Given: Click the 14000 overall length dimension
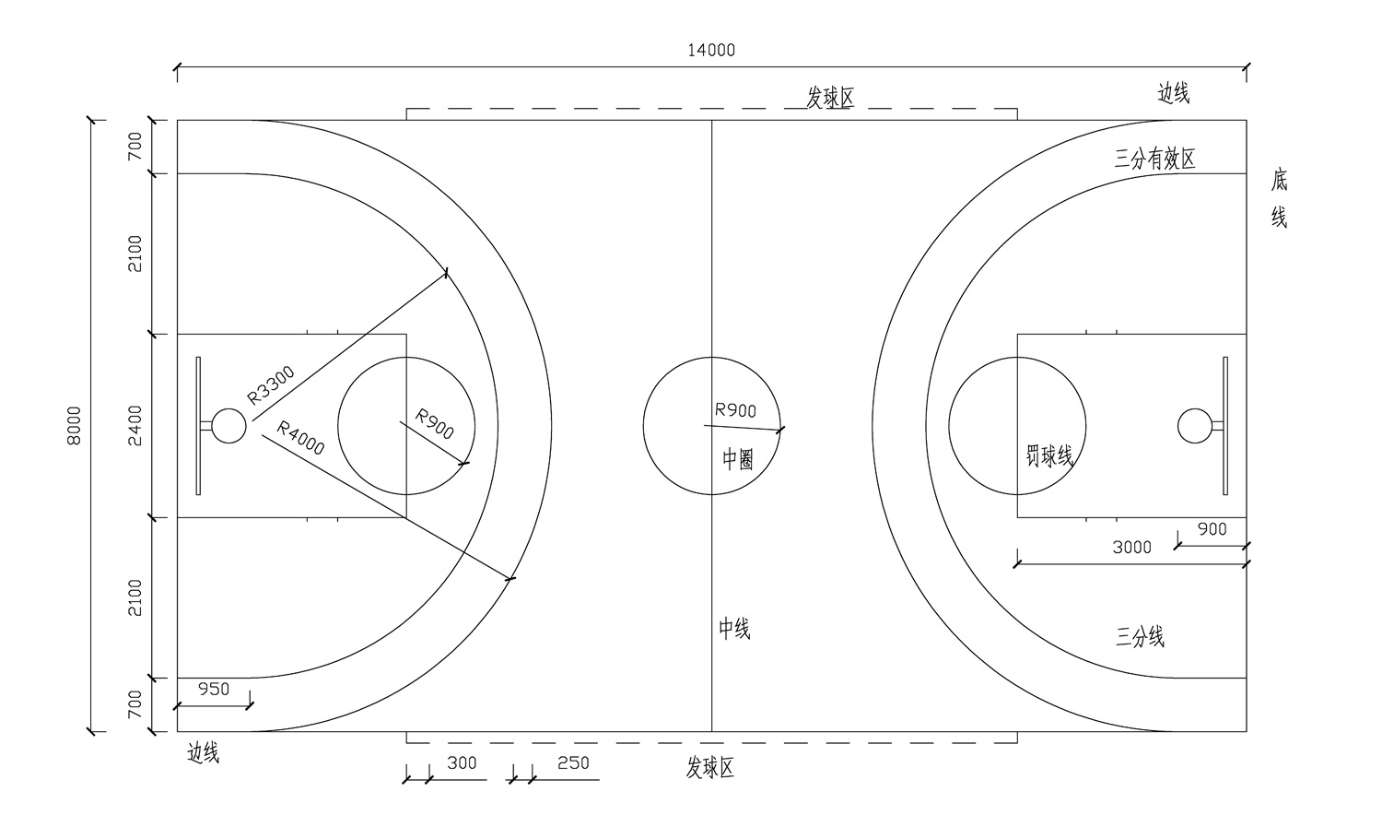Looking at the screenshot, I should [x=711, y=50].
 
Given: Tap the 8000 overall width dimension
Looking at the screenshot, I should [x=75, y=425].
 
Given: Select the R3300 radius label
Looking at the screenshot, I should [x=272, y=385].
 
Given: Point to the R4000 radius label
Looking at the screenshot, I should [x=301, y=438].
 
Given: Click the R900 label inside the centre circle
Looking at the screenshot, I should [x=735, y=410].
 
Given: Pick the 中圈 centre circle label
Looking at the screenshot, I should [x=737, y=459].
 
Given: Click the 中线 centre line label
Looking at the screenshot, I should [x=734, y=629].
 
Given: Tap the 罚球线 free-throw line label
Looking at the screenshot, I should [x=1049, y=455].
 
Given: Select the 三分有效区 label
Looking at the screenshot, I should [x=1154, y=159].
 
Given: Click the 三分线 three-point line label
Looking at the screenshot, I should [x=1140, y=636].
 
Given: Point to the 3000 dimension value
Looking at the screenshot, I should [x=1131, y=548].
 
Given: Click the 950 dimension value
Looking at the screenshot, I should [x=214, y=689].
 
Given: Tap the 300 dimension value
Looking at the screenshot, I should [x=462, y=763].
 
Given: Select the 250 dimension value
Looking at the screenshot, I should [x=573, y=763].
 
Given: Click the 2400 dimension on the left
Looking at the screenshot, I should [x=135, y=425].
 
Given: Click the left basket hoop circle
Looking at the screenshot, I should [x=228, y=426].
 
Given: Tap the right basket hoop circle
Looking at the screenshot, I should [x=1194, y=425].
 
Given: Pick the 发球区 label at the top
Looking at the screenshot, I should [x=830, y=98].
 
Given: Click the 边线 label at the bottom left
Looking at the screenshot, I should [x=204, y=753].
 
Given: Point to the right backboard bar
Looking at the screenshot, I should [x=1225, y=425].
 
